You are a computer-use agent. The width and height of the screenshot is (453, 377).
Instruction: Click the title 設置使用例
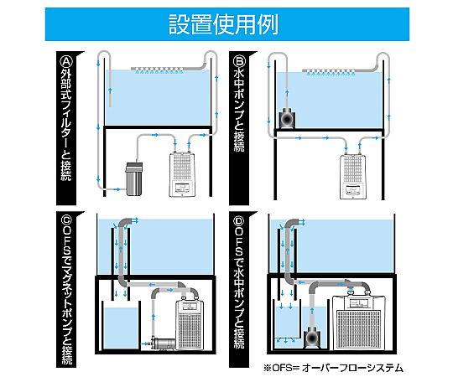(223, 24)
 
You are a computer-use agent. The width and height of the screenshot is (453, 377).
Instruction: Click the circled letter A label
(66, 61)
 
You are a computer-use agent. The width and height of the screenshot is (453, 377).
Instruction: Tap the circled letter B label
(239, 61)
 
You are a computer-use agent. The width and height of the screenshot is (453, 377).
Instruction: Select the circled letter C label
(67, 221)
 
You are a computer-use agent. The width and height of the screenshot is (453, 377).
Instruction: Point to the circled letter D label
(239, 221)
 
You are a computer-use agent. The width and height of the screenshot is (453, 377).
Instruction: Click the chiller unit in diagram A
(182, 174)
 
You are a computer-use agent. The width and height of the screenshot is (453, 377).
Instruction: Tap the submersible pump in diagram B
(287, 117)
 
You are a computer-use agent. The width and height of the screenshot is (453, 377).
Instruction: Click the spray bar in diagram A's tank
(159, 70)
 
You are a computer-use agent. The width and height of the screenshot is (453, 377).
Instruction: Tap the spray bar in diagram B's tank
(330, 71)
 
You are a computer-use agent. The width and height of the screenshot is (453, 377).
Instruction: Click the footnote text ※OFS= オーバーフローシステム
(333, 368)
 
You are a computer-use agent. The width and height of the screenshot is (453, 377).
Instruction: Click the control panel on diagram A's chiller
(182, 188)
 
